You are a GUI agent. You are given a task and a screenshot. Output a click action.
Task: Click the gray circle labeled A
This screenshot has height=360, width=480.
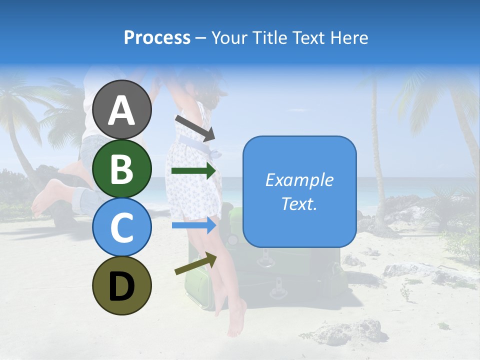tap(122, 109)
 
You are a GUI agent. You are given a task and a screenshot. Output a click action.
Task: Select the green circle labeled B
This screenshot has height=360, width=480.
tap(122, 168)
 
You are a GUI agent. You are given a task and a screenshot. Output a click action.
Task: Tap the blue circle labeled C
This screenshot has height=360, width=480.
tap(122, 227)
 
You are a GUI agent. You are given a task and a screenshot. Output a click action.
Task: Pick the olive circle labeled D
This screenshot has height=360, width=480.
tap(122, 285)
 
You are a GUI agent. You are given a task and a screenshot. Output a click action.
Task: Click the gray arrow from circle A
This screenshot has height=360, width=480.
tap(195, 127)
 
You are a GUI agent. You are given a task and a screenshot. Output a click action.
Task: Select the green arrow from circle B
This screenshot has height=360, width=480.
tap(193, 171)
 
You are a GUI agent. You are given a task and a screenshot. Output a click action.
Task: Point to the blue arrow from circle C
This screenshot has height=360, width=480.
tap(193, 225)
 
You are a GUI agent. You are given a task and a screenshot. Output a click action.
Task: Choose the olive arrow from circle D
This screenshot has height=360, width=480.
tap(195, 263)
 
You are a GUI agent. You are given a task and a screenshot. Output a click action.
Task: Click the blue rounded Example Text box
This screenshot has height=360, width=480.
tap(299, 191)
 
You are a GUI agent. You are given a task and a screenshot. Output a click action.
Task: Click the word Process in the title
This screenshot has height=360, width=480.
tap(157, 38)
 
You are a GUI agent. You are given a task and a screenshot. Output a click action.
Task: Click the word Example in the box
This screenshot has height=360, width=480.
tap(299, 180)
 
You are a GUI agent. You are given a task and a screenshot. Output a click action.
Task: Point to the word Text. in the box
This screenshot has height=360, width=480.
tap(299, 204)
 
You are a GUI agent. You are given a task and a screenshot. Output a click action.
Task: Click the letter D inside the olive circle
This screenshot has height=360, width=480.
tap(122, 286)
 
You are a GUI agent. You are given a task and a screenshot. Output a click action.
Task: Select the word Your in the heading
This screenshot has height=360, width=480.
tap(230, 38)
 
